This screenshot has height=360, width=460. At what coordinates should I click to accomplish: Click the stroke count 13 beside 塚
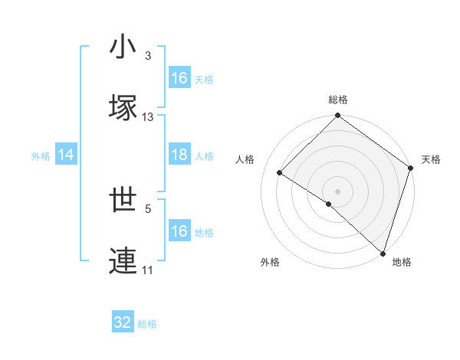pos(148,117)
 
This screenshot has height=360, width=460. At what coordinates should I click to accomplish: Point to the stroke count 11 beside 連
pos(148,270)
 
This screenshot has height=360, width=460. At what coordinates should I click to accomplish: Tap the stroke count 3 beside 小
pos(148,56)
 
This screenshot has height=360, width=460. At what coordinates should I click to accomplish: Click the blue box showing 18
pos(179,155)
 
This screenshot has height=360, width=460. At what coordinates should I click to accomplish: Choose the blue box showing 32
pos(123,322)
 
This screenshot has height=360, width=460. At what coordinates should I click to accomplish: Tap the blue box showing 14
pos(66,155)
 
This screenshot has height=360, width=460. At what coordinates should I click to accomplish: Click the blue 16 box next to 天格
pos(179,77)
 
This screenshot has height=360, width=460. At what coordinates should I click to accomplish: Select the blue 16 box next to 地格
pos(179,231)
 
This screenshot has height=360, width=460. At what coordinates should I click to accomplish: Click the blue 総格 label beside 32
pos(147,323)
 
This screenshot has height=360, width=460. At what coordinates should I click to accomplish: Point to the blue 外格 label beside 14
pos(41,155)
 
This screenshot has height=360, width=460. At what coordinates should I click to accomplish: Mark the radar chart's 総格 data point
pos(337,116)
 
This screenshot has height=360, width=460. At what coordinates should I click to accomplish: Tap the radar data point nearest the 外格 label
pos(329,204)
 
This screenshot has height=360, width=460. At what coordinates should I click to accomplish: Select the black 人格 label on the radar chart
pos(245,159)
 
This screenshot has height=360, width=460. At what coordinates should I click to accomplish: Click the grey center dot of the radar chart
pos(337,191)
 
